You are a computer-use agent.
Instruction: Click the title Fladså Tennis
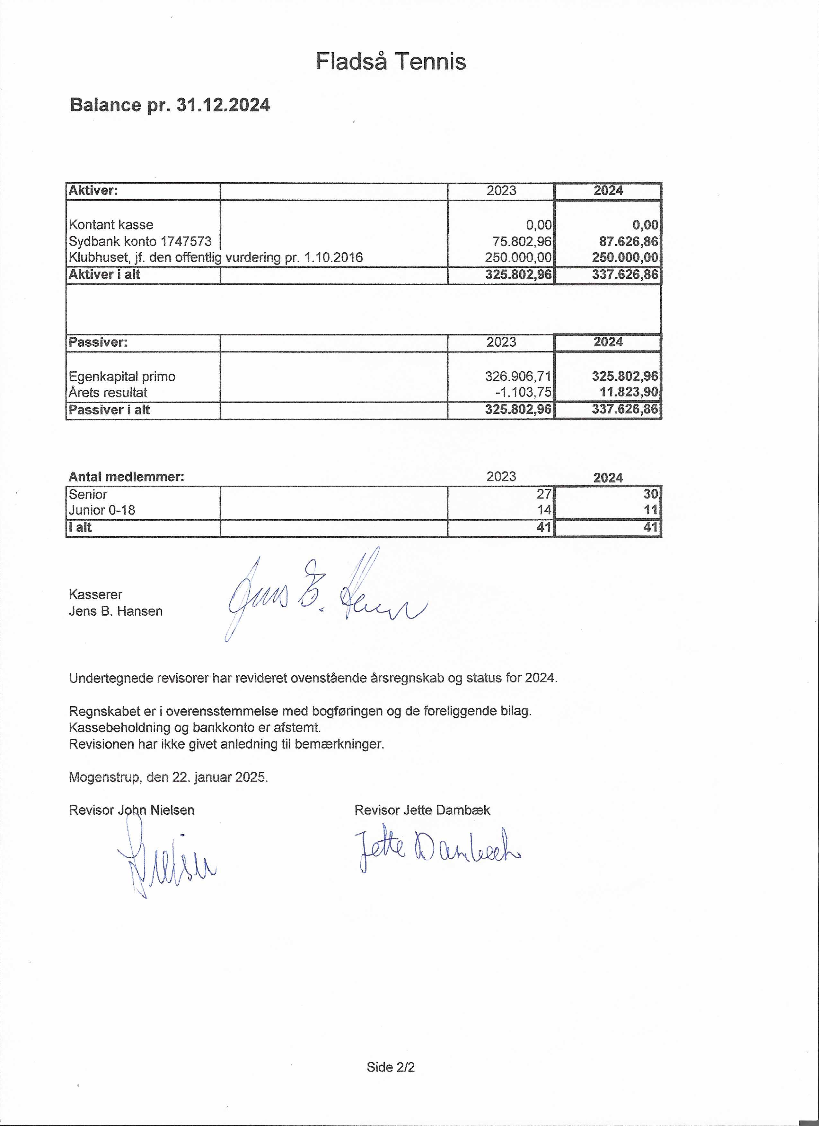click(391, 62)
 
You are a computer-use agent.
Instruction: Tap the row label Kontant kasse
click(111, 225)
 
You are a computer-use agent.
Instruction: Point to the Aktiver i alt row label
click(104, 274)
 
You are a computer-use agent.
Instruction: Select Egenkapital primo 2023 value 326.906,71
click(518, 376)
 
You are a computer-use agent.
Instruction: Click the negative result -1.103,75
click(523, 392)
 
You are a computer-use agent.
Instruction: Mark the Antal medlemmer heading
click(126, 477)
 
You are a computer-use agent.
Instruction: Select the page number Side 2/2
click(390, 1067)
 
